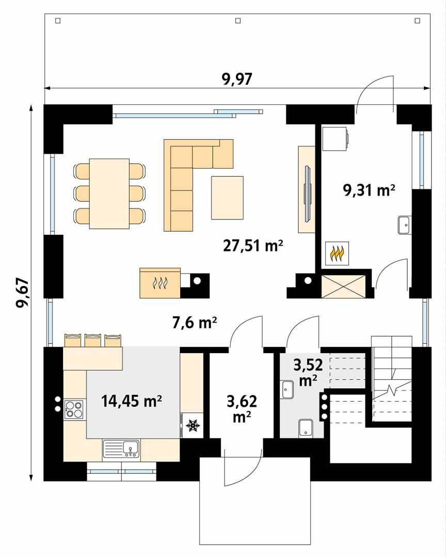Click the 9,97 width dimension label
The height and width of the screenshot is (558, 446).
(x=237, y=79)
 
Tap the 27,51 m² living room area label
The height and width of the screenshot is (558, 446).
(x=253, y=246)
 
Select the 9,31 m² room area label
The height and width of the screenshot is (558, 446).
(x=369, y=190)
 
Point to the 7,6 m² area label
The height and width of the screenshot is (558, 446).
(x=194, y=323)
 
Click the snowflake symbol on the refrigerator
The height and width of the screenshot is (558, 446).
(x=193, y=426)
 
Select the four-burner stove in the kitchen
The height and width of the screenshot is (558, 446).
(x=74, y=409)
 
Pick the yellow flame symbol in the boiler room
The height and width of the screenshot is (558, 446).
(x=337, y=253)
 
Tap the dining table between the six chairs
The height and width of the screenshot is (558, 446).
(x=109, y=194)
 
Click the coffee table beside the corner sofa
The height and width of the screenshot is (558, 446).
(x=227, y=198)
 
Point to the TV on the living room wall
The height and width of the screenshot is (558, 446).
(x=307, y=189)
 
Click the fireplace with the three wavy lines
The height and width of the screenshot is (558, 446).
(x=160, y=283)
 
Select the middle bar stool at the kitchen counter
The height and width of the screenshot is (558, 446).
(x=93, y=340)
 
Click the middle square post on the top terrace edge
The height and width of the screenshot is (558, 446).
(x=237, y=21)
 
